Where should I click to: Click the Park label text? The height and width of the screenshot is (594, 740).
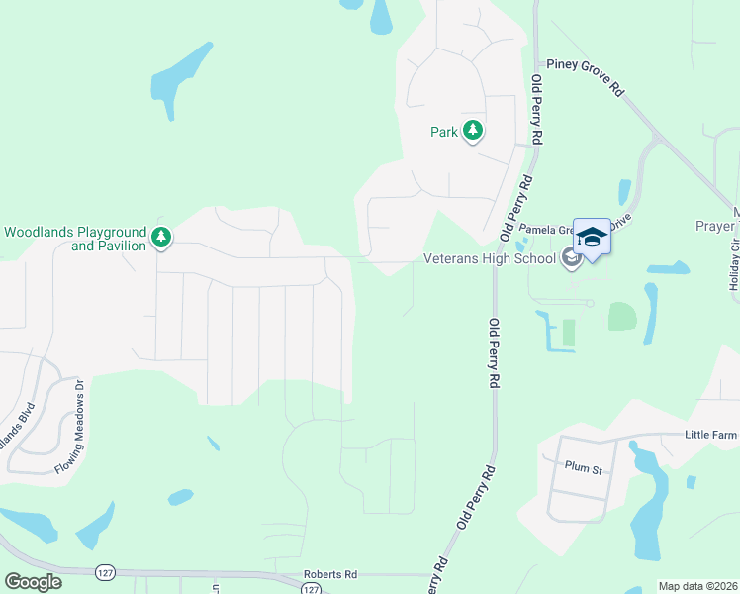coord(443,131)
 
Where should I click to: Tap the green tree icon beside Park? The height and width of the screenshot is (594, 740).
coord(473,130)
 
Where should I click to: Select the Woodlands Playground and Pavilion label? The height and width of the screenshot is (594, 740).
coord(75,238)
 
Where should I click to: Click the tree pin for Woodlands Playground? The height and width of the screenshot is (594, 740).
coord(160,237)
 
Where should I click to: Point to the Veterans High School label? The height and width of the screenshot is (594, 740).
coord(489,259)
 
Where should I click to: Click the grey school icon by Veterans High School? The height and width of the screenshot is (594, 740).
coord(570,259)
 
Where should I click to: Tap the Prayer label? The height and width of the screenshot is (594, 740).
coord(715,226)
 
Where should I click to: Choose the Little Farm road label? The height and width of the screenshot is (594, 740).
coord(711,434)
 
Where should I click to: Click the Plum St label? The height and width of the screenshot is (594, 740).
coord(583,465)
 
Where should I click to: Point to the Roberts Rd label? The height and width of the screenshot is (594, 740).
coord(329,573)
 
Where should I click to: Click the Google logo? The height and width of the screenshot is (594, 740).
coord(33,582)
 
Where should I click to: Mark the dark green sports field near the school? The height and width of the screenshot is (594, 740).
coord(569,333)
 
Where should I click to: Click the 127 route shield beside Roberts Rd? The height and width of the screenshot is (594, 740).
coord(312,589)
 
